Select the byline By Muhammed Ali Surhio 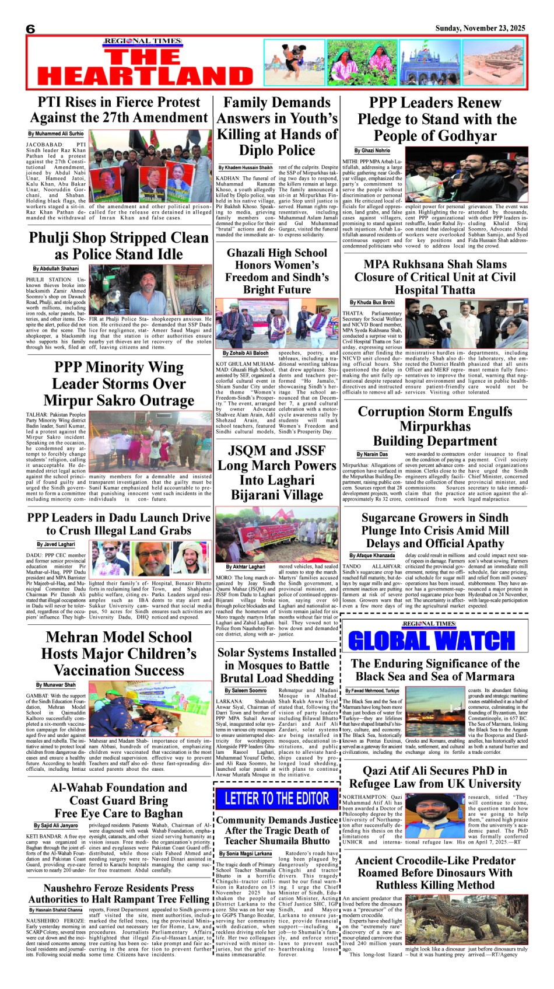56,134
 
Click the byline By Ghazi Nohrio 376,151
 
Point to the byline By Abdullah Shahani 56,268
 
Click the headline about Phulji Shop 119,246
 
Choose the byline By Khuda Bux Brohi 372,302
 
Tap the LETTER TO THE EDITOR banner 277,798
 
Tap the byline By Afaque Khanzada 372,555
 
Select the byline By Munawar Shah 56,685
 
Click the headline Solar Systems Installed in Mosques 277,665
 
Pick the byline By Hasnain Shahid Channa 56,910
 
